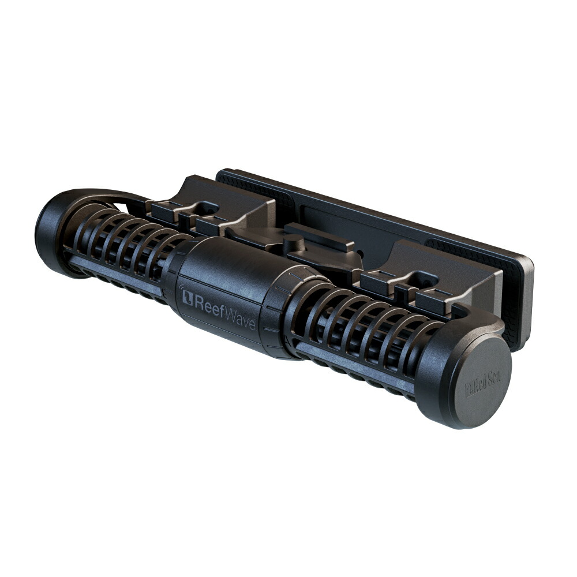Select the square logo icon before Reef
click(187, 297)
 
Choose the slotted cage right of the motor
click(358, 335)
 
